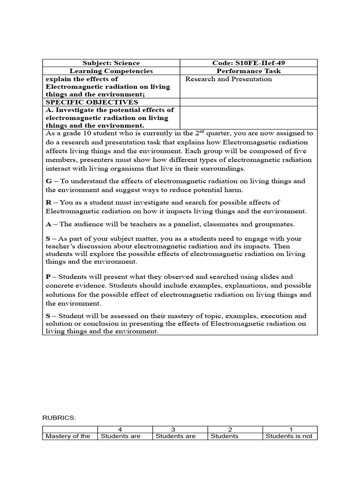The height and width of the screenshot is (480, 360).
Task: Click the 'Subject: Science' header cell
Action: pos(111,63)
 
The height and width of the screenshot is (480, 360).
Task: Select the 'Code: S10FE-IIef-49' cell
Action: pos(248,63)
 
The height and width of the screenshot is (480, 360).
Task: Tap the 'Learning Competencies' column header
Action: pos(111,71)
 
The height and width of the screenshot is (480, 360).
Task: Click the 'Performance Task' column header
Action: pos(248,71)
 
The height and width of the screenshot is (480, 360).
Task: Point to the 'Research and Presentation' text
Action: pos(228,79)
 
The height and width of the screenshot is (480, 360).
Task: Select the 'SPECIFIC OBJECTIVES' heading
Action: pos(91,102)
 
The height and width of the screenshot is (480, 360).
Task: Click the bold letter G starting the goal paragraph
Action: pos(48,181)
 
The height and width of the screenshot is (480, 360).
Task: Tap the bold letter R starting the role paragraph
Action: pos(48,202)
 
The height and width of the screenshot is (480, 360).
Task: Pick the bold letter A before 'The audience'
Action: pos(48,225)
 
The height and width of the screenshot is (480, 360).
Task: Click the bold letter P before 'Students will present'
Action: pos(48,277)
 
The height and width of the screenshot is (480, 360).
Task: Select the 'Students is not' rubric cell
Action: pos(289,436)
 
